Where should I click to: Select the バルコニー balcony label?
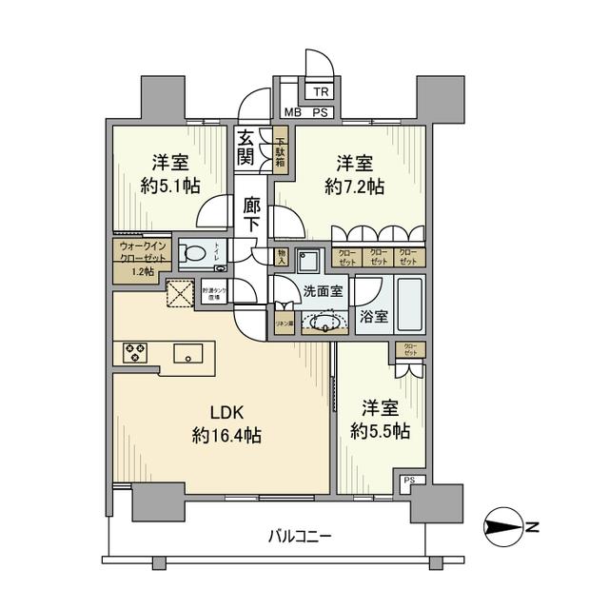(x=300, y=537)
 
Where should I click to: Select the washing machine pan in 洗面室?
(x=308, y=261)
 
